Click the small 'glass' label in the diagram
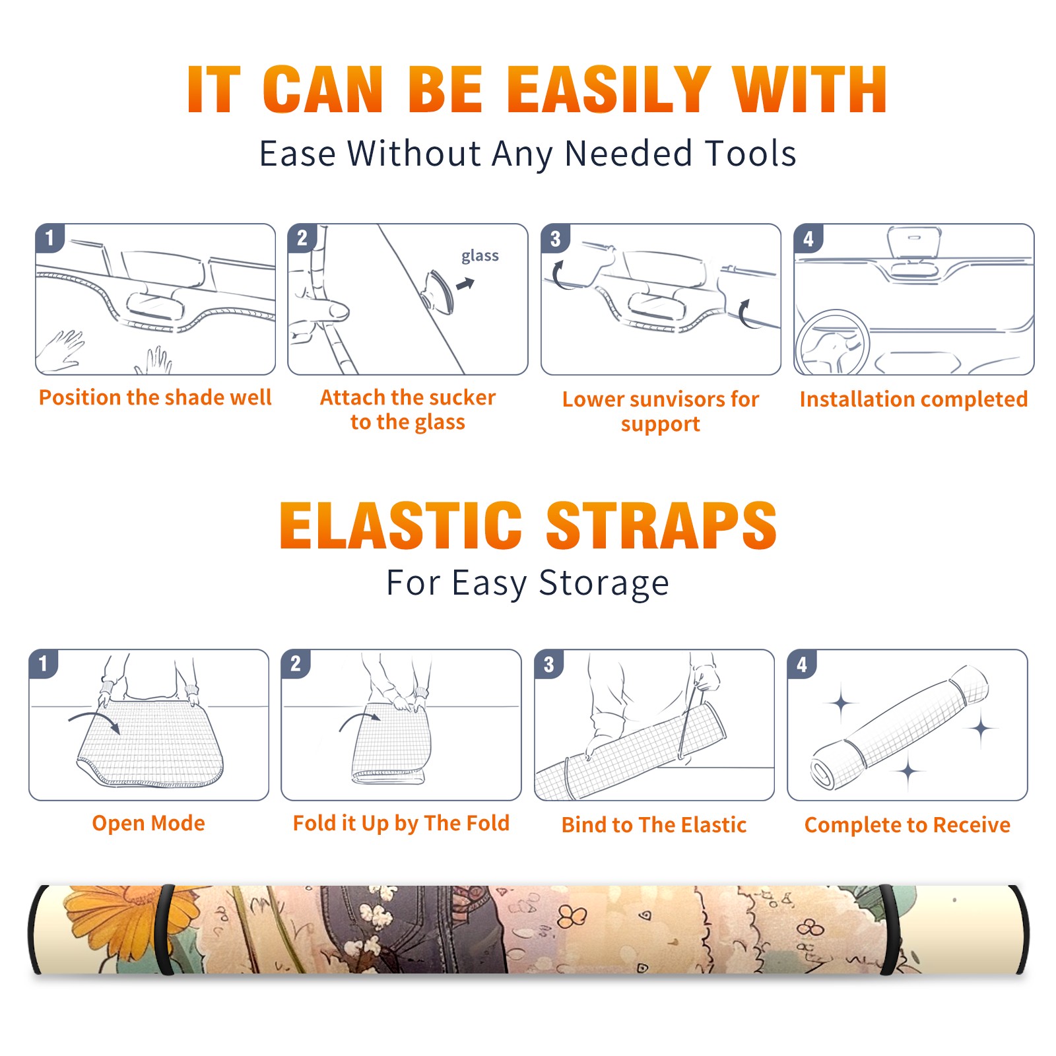point(480,256)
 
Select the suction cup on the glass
point(438,291)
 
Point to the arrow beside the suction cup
point(466,284)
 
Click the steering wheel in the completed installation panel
point(832,343)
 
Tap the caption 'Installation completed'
point(913,399)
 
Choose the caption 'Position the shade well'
point(155,397)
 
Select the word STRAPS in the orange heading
point(661,525)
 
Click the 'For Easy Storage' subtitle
point(527,583)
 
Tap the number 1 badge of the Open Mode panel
point(44,663)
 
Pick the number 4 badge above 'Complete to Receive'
point(802,664)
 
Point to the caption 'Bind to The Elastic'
point(653,825)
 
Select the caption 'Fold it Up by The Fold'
point(401,823)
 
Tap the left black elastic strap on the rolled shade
point(165,930)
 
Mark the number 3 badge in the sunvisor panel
point(555,238)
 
